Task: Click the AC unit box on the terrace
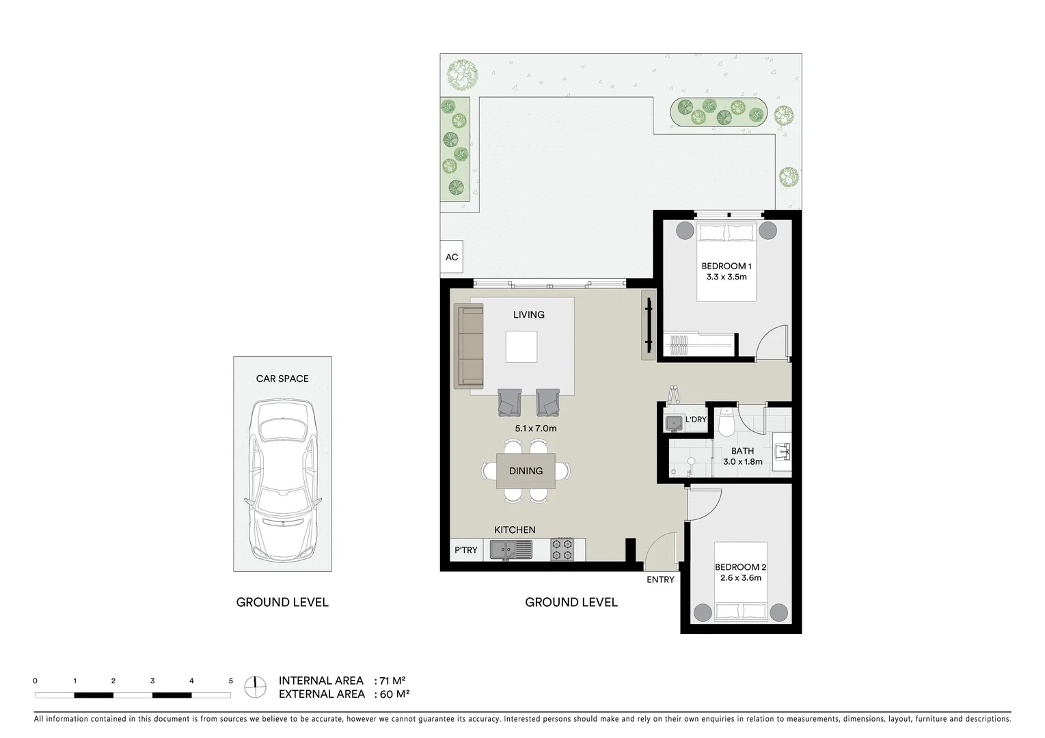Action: (x=452, y=258)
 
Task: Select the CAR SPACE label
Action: (x=282, y=379)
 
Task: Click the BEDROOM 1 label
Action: (x=727, y=266)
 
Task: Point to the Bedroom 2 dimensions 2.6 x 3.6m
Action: (x=741, y=578)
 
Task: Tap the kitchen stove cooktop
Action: (x=562, y=549)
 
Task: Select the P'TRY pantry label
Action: (x=466, y=550)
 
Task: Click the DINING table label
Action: (x=526, y=471)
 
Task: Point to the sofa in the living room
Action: (x=470, y=347)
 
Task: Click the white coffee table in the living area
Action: (x=521, y=346)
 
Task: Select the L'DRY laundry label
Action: (x=696, y=420)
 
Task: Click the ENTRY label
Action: (x=660, y=579)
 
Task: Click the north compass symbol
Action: (x=256, y=687)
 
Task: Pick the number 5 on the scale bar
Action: (x=231, y=681)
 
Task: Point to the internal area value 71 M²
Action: (x=393, y=681)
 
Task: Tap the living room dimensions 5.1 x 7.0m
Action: (x=536, y=428)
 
